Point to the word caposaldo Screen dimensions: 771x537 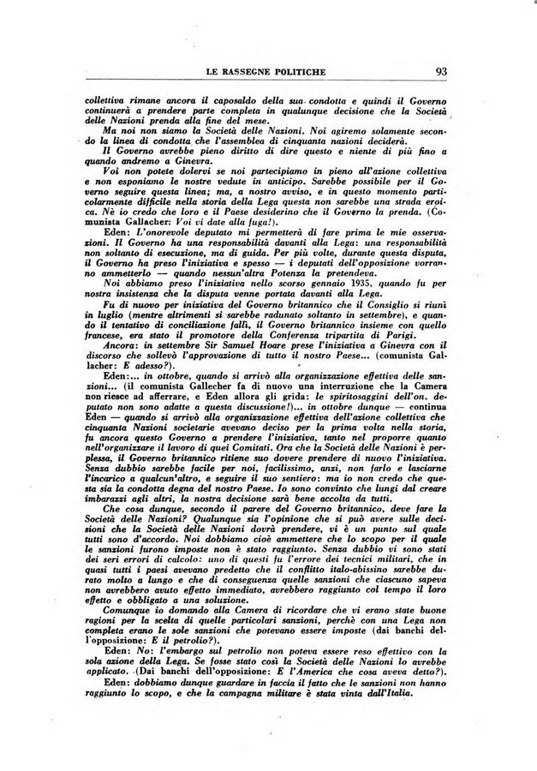tap(216, 101)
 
